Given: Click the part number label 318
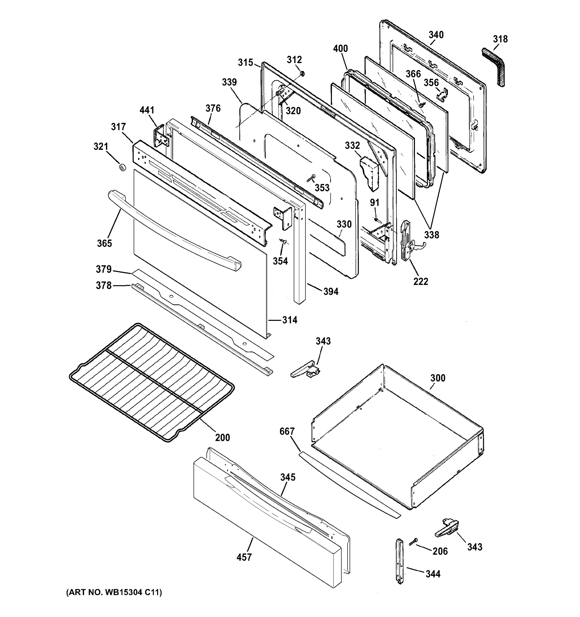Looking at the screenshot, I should click(500, 39).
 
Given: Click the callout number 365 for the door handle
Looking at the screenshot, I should click(104, 243).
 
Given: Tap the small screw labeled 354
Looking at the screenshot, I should click(283, 241).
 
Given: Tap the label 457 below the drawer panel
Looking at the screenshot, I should click(244, 557).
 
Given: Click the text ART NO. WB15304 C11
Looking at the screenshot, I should click(114, 593).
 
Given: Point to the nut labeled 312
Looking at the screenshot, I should click(302, 74).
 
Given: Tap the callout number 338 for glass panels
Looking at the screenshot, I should click(432, 235).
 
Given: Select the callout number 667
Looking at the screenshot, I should click(287, 431).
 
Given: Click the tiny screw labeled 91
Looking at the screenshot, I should click(376, 220).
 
